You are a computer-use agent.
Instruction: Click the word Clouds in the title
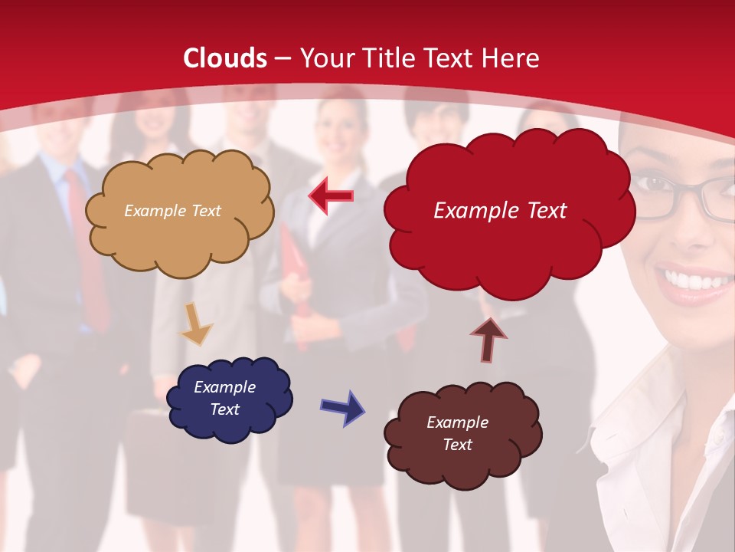225,58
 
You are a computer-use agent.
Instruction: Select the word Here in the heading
511,58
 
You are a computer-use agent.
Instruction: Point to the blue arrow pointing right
342,407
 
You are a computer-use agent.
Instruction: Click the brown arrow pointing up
488,339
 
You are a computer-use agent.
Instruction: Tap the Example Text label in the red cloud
500,211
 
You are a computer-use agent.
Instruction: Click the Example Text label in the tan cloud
172,211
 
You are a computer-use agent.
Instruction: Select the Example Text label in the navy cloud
224,398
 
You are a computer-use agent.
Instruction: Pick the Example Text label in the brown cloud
457,433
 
